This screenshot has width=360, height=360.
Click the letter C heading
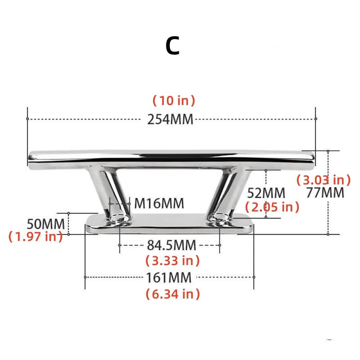click(x=172, y=46)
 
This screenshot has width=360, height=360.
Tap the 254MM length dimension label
click(x=170, y=119)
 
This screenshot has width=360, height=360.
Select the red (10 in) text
click(x=174, y=101)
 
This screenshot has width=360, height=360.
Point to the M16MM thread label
click(x=159, y=203)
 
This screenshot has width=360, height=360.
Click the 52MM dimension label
click(x=266, y=193)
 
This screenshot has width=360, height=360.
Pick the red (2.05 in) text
click(x=272, y=207)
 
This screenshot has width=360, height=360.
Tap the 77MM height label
click(x=325, y=193)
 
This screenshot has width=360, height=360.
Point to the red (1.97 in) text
click(x=35, y=237)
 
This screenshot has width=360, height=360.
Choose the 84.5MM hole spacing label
click(x=171, y=246)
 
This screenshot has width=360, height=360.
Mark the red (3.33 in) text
click(x=172, y=260)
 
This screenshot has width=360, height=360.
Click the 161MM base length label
click(x=168, y=278)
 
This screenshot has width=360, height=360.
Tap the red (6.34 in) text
click(x=172, y=294)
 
